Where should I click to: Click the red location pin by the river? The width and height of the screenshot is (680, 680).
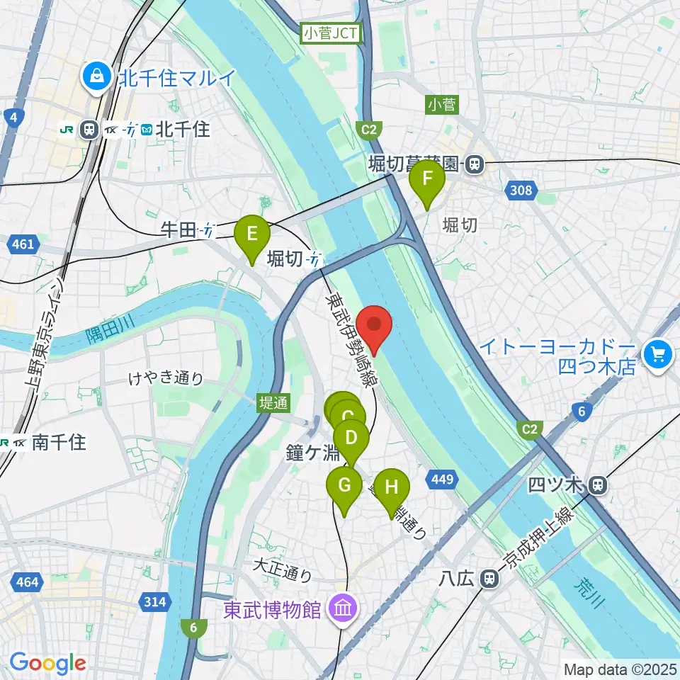(374, 327)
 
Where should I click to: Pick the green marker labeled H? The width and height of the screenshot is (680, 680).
(392, 489)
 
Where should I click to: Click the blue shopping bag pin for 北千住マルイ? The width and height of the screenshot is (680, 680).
(93, 77)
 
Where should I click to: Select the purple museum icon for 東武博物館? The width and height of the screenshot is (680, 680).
(344, 608)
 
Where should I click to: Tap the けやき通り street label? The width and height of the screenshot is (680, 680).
(166, 378)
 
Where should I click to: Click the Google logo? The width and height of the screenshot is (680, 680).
(47, 663)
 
